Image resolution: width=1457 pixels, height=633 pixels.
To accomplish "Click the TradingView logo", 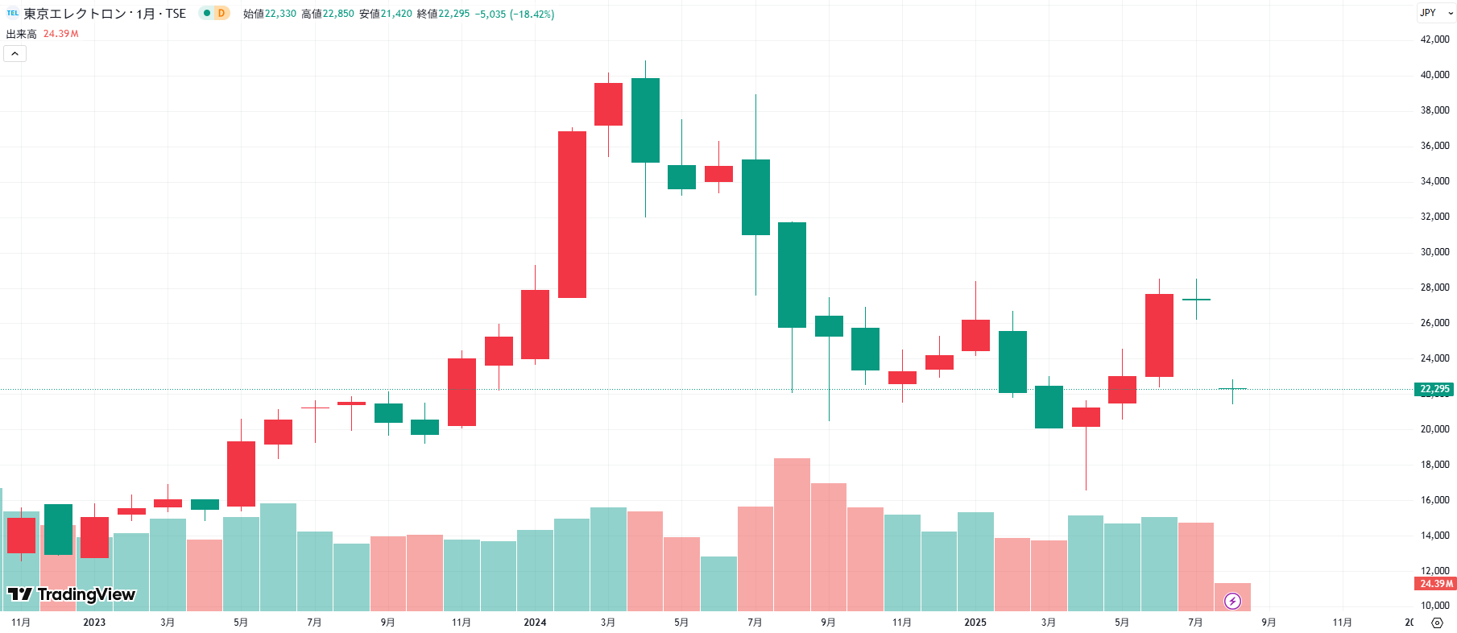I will click(72, 594).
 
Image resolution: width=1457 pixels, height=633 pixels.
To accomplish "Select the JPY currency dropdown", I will click(1434, 13).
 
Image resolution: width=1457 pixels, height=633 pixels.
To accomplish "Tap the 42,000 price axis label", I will click(1434, 39).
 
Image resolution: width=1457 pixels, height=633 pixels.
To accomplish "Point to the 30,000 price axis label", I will click(1434, 252).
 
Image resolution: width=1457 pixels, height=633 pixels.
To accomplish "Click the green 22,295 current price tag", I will click(1434, 389).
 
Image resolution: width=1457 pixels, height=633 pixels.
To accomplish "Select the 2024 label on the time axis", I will click(535, 623).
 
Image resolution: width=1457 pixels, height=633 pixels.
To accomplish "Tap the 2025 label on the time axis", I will click(975, 623).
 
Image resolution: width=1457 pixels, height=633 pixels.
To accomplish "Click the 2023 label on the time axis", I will click(94, 623).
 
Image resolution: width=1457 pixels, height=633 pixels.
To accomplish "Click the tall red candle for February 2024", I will click(572, 214).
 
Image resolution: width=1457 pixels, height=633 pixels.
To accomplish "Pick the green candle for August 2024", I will click(792, 275).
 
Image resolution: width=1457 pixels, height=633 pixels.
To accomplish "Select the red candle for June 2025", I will click(1159, 335).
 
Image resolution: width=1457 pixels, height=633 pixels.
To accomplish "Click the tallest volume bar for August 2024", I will click(792, 534).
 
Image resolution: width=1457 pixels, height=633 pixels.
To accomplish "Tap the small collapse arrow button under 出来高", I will click(15, 54).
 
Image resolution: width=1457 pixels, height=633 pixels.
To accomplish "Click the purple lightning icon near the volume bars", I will click(1232, 601).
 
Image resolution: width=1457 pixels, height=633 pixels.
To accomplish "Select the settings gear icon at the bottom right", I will click(1437, 623).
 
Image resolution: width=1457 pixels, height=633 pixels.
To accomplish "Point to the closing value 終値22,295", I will click(443, 14).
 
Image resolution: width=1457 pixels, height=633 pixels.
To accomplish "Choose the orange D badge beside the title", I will click(221, 13).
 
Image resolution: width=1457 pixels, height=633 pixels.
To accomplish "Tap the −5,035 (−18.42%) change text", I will click(515, 14).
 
